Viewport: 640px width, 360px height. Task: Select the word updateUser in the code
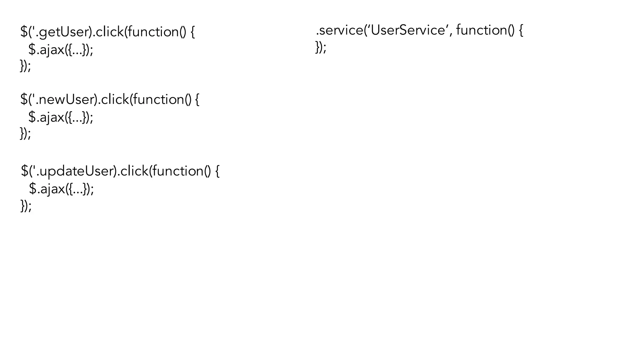click(x=76, y=171)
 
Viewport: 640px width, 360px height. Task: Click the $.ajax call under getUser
click(x=61, y=50)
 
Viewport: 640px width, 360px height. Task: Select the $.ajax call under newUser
click(x=61, y=117)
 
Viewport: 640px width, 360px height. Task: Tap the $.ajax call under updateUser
click(x=61, y=189)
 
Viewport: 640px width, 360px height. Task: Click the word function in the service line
click(x=481, y=30)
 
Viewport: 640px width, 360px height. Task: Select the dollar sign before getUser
click(x=24, y=32)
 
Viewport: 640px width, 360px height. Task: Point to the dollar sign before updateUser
click(x=24, y=171)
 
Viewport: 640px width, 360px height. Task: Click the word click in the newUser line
click(x=115, y=100)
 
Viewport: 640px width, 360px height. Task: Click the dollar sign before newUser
click(x=24, y=100)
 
